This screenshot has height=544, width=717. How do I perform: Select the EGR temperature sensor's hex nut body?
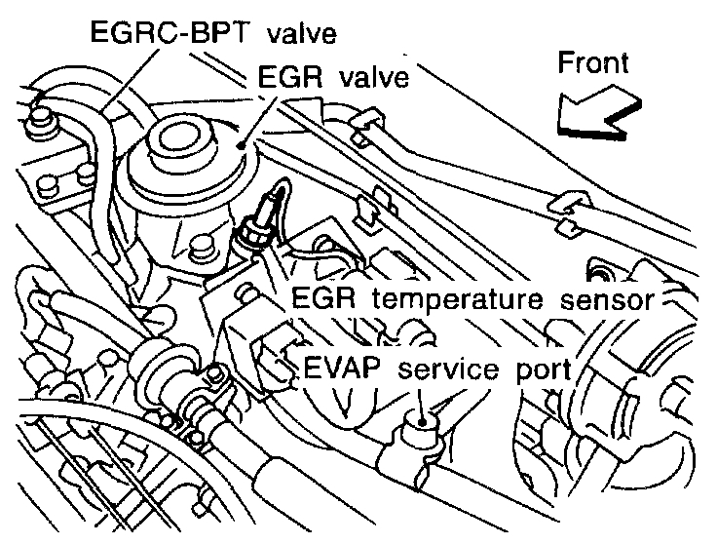tap(251, 236)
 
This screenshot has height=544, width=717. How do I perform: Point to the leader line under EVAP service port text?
tap(421, 398)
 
